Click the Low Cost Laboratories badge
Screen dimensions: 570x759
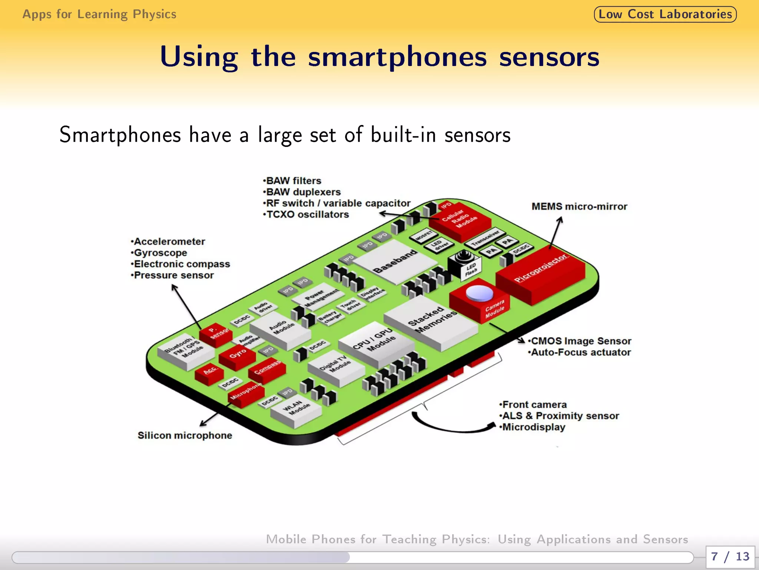(665, 14)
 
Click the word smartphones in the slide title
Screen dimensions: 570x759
(397, 58)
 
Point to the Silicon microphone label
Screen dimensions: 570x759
(185, 435)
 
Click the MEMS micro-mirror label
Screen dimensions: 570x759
(579, 207)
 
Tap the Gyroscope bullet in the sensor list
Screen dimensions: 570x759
(160, 253)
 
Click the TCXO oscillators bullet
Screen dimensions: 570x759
(307, 214)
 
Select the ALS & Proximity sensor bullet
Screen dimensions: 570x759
(560, 416)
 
